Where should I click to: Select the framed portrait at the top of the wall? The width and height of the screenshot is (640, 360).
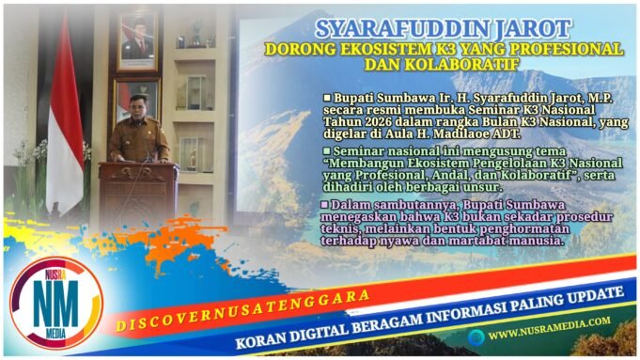[136, 39]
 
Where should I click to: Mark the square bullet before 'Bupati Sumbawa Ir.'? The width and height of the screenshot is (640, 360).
[326, 97]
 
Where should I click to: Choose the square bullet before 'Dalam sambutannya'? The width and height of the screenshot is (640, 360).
[323, 203]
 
